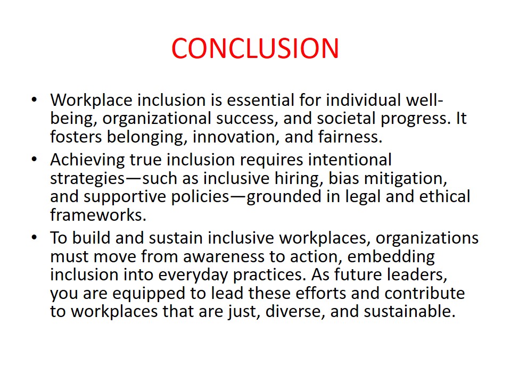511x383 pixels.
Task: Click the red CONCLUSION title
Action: click(255, 48)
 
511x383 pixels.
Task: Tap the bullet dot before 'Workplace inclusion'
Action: click(34, 99)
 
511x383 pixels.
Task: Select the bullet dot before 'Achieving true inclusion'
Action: click(34, 160)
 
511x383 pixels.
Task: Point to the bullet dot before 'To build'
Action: click(34, 238)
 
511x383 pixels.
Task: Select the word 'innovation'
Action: click(236, 137)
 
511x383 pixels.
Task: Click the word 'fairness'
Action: click(350, 137)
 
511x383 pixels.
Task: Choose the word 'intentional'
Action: click(350, 160)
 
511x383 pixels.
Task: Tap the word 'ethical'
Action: click(444, 196)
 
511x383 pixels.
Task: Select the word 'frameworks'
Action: click(98, 215)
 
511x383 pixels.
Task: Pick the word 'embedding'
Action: click(391, 257)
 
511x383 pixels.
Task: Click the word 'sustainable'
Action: click(409, 311)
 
